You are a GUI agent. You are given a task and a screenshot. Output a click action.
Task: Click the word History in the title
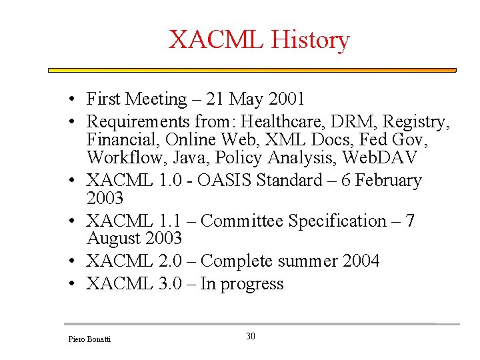(x=309, y=40)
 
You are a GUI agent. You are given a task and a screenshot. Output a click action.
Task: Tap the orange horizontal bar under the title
(x=252, y=70)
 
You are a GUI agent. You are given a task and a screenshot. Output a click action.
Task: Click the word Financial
(x=122, y=141)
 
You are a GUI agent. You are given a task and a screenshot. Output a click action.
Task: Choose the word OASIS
(x=225, y=181)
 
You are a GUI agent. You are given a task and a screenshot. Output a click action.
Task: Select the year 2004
(x=361, y=261)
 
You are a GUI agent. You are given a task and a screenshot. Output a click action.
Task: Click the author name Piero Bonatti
(x=90, y=340)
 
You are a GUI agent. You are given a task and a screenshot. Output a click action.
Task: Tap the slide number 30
(x=251, y=337)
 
